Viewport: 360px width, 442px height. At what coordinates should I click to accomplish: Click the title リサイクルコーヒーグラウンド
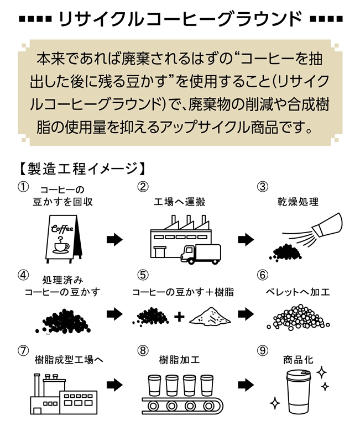180,19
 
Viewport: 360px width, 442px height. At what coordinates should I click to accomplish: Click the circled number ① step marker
23,187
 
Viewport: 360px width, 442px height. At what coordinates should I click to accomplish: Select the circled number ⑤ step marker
143,275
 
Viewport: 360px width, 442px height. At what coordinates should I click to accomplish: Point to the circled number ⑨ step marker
263,350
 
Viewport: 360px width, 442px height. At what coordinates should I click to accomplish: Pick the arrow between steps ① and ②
114,239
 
